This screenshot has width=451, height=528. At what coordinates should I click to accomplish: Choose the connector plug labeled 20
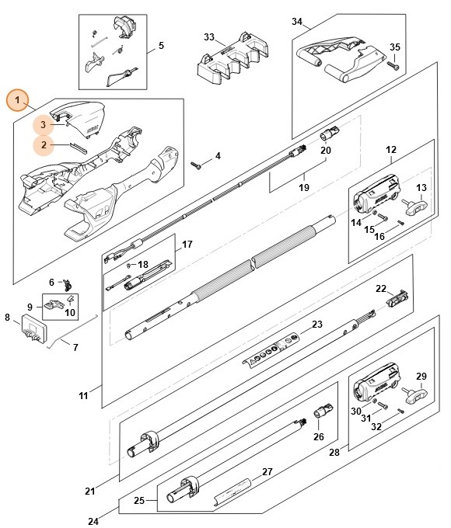(x=327, y=134)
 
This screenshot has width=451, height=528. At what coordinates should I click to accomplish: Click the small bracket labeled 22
(x=401, y=296)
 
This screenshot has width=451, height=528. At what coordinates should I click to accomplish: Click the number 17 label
(x=187, y=245)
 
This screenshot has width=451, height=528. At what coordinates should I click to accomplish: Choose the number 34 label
(x=298, y=21)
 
